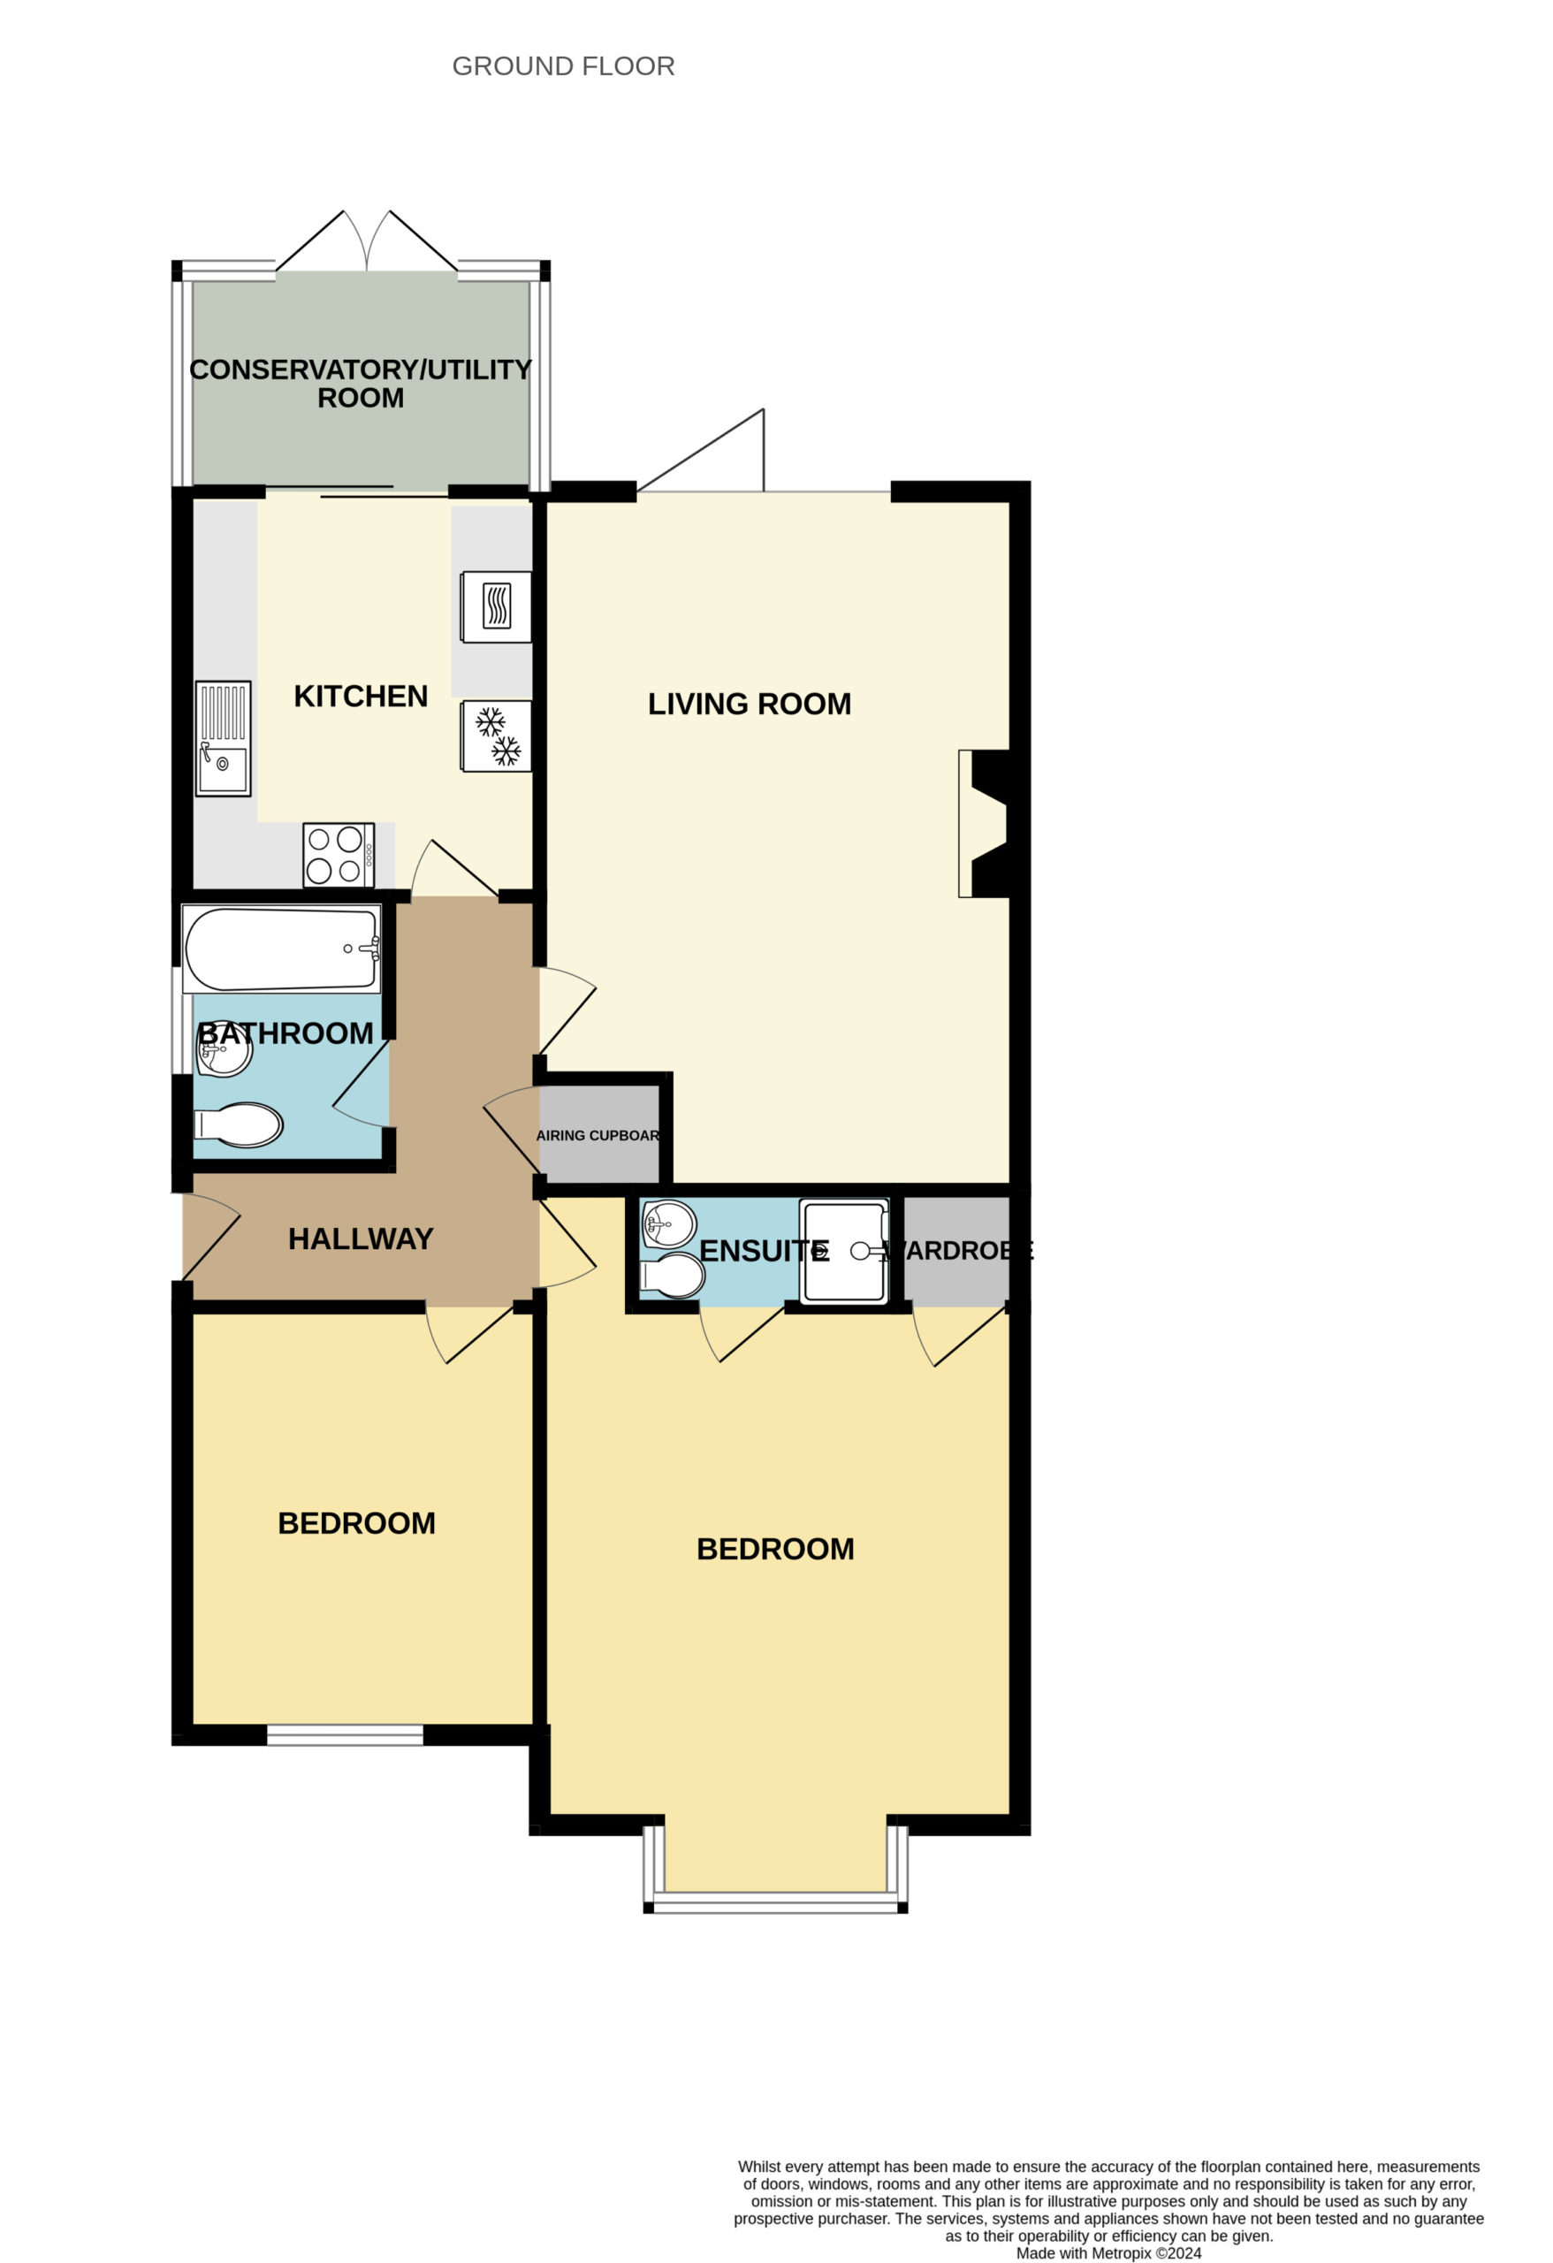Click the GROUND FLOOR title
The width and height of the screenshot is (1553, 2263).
coord(563,66)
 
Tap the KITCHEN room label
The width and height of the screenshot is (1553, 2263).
coord(361,697)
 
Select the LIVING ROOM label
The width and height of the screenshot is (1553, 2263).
coord(749,704)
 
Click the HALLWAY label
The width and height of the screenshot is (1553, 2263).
coord(361,1238)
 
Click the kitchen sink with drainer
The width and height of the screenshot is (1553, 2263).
coord(223,738)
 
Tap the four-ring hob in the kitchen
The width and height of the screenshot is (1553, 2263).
coord(339,855)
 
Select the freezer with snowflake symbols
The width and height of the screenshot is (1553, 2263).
coord(497,736)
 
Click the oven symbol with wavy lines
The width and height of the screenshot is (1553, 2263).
coord(497,606)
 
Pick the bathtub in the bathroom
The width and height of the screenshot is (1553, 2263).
coord(280,949)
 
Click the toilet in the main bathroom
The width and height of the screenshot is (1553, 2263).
coord(239,1124)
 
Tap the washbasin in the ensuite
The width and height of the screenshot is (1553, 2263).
coord(670,1223)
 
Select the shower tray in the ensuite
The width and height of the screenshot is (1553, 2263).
coord(844,1251)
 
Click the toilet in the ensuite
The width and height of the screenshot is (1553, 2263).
coord(672,1276)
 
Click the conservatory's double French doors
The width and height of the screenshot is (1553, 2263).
coord(367,241)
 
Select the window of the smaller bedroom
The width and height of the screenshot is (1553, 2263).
coord(346,1734)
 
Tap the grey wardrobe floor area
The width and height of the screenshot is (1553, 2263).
coord(956,1251)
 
